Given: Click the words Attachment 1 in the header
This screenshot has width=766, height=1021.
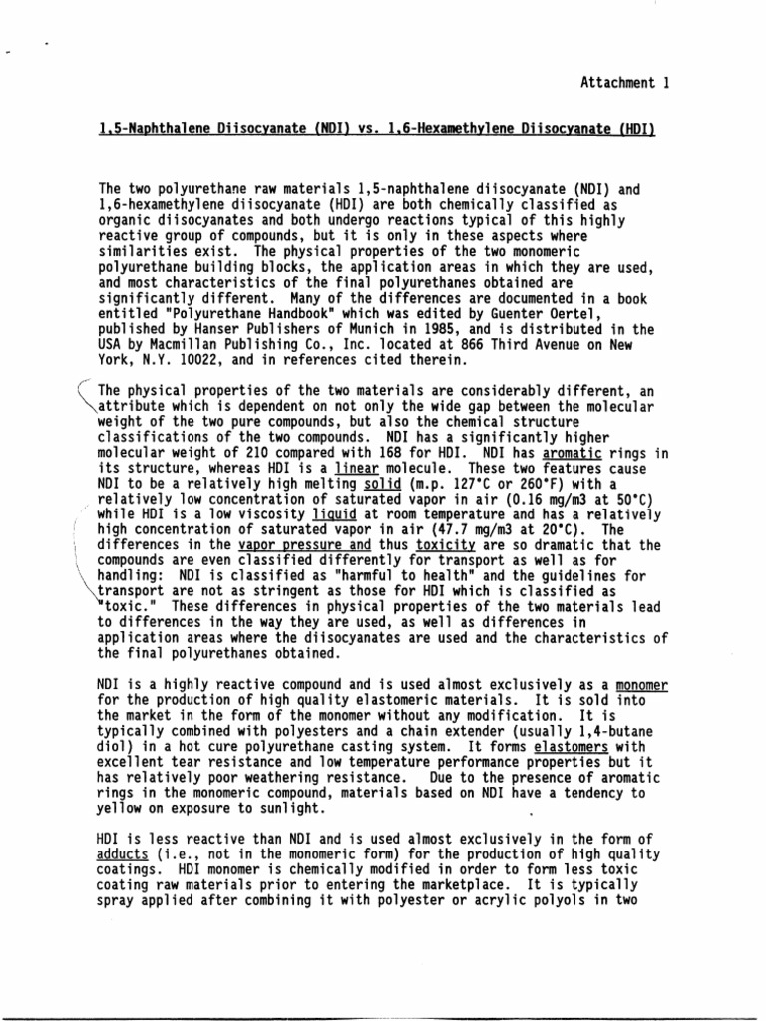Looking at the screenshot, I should coord(622,85).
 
